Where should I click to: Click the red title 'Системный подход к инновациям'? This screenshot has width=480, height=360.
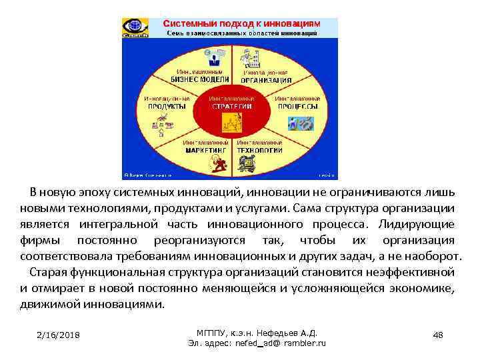[x=241, y=23]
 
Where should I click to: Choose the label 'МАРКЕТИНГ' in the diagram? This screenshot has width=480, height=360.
[x=203, y=150]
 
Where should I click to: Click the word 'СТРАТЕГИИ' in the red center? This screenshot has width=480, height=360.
[x=231, y=106]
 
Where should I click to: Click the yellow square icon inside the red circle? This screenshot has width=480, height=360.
[x=231, y=122]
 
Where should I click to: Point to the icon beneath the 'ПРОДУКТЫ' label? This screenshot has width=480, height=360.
[x=163, y=123]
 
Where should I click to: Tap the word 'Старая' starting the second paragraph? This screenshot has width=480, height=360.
[x=49, y=272]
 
